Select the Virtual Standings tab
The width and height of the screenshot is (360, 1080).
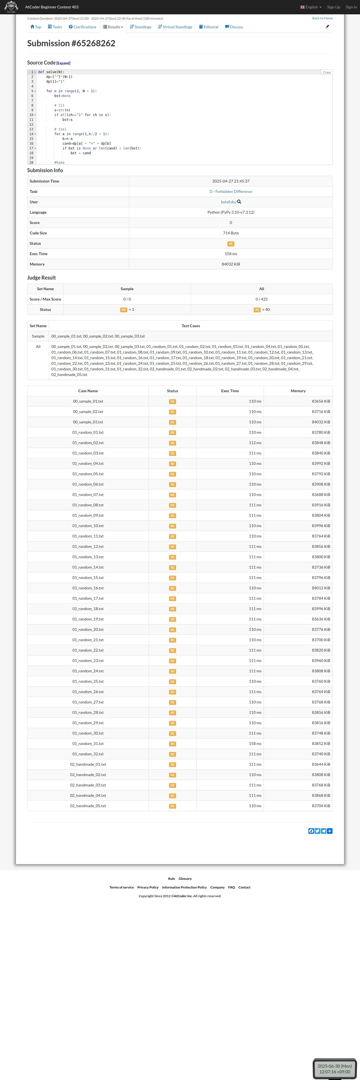[x=175, y=27]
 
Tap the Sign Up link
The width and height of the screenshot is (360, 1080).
[x=333, y=7]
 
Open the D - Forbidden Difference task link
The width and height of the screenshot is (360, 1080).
[x=230, y=191]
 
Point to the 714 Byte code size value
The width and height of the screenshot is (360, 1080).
[x=230, y=233]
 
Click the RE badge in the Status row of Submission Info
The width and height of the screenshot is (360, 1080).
[x=230, y=244]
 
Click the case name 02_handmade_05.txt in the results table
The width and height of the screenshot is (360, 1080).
[x=88, y=806]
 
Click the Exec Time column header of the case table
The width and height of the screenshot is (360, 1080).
[x=230, y=391]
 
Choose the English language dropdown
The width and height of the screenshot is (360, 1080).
[x=311, y=7]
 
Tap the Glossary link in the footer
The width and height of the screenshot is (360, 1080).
[x=185, y=878]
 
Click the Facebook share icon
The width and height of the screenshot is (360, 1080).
[x=311, y=831]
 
